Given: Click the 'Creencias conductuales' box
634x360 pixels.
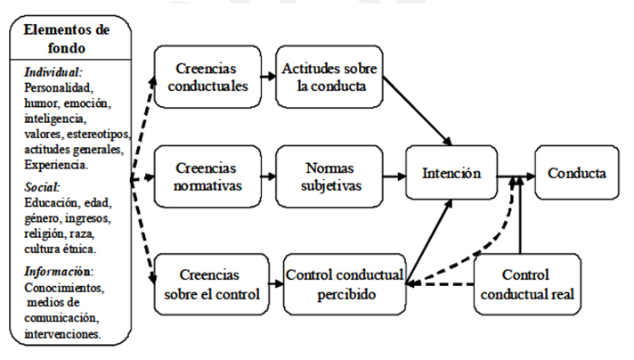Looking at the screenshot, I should coord(207,76).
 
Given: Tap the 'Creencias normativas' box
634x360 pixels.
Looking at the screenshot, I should coord(207,176).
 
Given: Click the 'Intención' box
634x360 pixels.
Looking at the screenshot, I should coord(451,176).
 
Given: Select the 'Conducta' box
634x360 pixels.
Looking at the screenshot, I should coord(576,176).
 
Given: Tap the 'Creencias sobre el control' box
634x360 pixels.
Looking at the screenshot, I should coord(207,283).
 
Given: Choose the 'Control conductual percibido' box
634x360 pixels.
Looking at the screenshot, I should coord(345,283).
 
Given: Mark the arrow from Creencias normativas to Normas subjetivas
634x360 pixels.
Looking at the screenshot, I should coord(269,176).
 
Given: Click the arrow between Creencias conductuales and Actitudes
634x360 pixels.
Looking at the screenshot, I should coord(269,75).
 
